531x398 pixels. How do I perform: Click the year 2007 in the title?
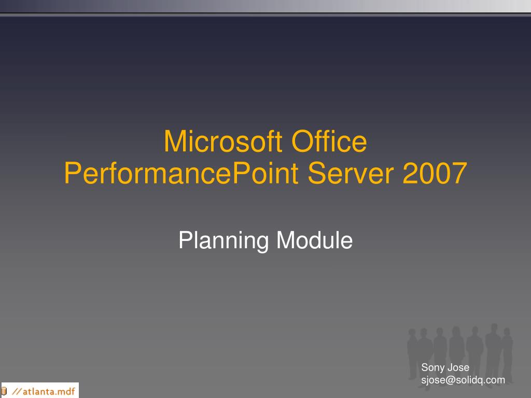point(435,174)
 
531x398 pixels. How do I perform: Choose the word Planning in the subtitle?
point(223,241)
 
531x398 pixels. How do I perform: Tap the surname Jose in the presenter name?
point(458,368)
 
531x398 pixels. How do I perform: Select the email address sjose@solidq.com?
point(463,380)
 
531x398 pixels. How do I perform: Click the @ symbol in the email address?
point(445,380)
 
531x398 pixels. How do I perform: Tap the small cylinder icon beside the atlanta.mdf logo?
point(5,390)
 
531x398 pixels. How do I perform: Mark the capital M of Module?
point(284,240)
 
